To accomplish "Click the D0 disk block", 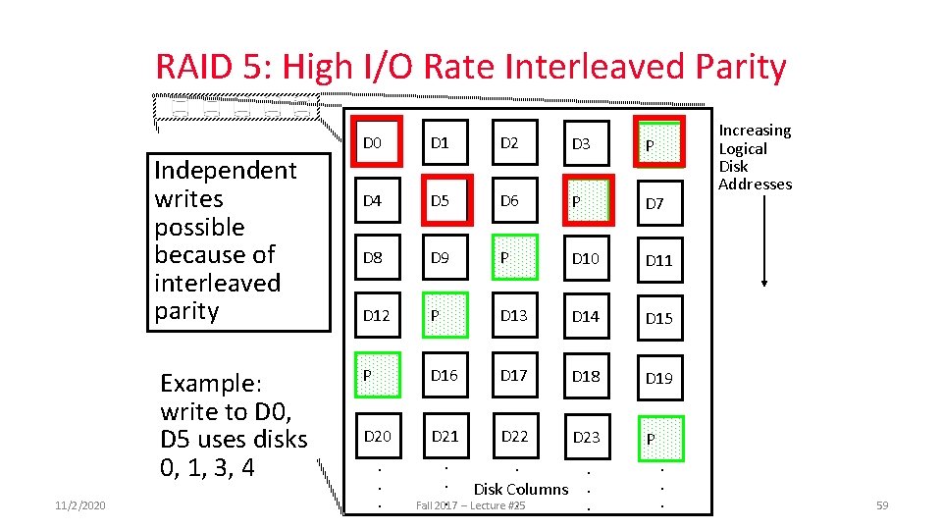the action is click(x=374, y=143).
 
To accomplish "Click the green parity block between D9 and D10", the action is click(x=515, y=259).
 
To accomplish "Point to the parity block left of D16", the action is click(x=374, y=376).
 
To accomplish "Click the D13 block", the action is click(x=515, y=316).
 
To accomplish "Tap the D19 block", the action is click(x=659, y=378).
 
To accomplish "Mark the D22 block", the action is click(x=515, y=436).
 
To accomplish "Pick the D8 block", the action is click(x=374, y=259).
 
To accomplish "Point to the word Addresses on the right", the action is click(x=755, y=185).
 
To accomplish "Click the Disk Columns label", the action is click(x=520, y=489).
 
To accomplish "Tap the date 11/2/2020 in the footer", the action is click(x=81, y=504).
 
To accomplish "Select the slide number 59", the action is click(x=880, y=504).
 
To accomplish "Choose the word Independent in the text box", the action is click(x=225, y=171).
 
